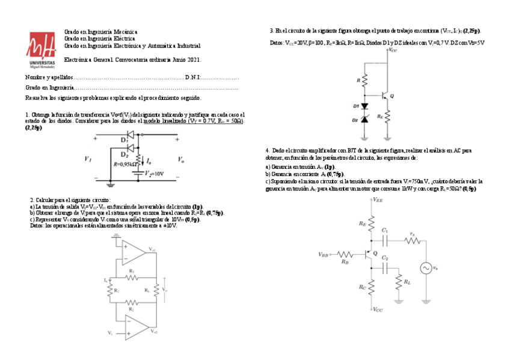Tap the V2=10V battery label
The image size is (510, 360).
[153, 174]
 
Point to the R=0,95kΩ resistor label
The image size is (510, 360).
[124, 163]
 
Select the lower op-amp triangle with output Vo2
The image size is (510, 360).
[135, 328]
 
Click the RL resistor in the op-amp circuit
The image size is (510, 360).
[155, 290]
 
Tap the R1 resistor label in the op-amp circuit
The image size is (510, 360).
[115, 290]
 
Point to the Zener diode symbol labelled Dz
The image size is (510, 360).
[364, 120]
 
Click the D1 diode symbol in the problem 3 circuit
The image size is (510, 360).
[364, 106]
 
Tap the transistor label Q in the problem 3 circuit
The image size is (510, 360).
[392, 96]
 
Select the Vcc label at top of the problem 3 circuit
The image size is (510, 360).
[393, 50]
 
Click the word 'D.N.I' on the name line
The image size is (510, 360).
[192, 78]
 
